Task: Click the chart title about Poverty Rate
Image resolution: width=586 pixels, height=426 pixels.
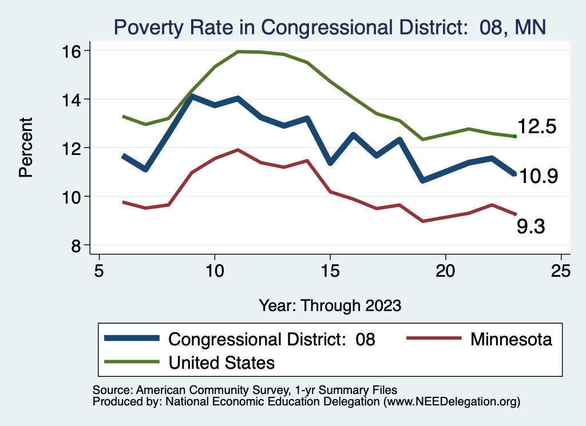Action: [331, 26]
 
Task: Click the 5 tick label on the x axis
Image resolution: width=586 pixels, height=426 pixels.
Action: [99, 270]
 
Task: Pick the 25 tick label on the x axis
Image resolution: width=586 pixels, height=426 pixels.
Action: [561, 270]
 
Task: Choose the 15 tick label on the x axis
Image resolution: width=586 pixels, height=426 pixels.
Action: [330, 270]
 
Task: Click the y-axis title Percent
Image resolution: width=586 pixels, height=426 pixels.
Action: [26, 148]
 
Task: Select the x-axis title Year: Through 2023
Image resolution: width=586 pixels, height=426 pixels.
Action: [330, 305]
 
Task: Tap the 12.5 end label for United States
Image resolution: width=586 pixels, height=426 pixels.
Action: [537, 127]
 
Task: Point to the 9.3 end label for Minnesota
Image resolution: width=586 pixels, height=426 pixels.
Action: [530, 227]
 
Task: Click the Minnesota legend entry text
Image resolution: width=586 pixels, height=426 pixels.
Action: [511, 339]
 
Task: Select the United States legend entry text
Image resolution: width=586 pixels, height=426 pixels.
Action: [221, 363]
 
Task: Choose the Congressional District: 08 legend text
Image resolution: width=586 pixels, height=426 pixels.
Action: [271, 339]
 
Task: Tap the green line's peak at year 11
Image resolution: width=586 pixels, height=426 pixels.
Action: [237, 51]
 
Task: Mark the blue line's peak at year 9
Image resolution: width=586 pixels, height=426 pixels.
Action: [192, 97]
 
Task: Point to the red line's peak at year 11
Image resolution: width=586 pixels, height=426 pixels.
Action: [237, 150]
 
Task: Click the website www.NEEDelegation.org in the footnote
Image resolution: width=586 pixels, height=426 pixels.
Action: [452, 401]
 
